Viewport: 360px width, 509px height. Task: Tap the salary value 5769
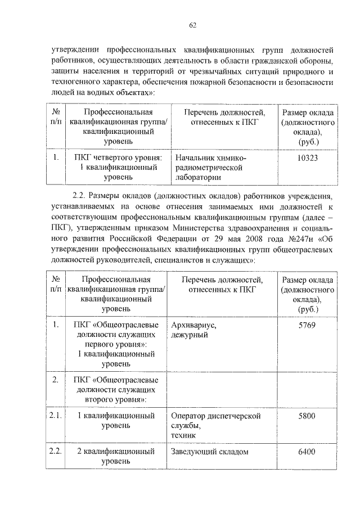(307, 325)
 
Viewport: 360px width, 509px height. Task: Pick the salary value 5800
(307, 416)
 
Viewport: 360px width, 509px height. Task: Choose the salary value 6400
(307, 452)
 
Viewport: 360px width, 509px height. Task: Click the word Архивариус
(193, 325)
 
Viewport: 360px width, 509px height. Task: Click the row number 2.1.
(55, 416)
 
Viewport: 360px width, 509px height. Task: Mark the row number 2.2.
(55, 452)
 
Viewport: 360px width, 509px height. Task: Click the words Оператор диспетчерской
(216, 416)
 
